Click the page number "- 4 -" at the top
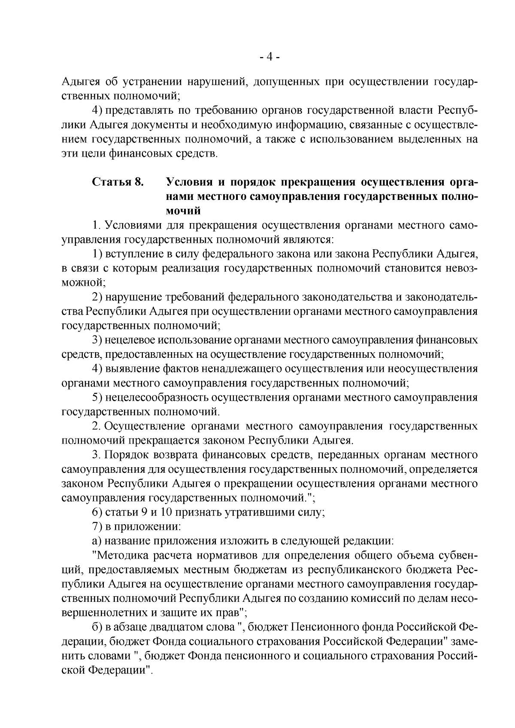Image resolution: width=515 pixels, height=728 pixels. [x=270, y=57]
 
